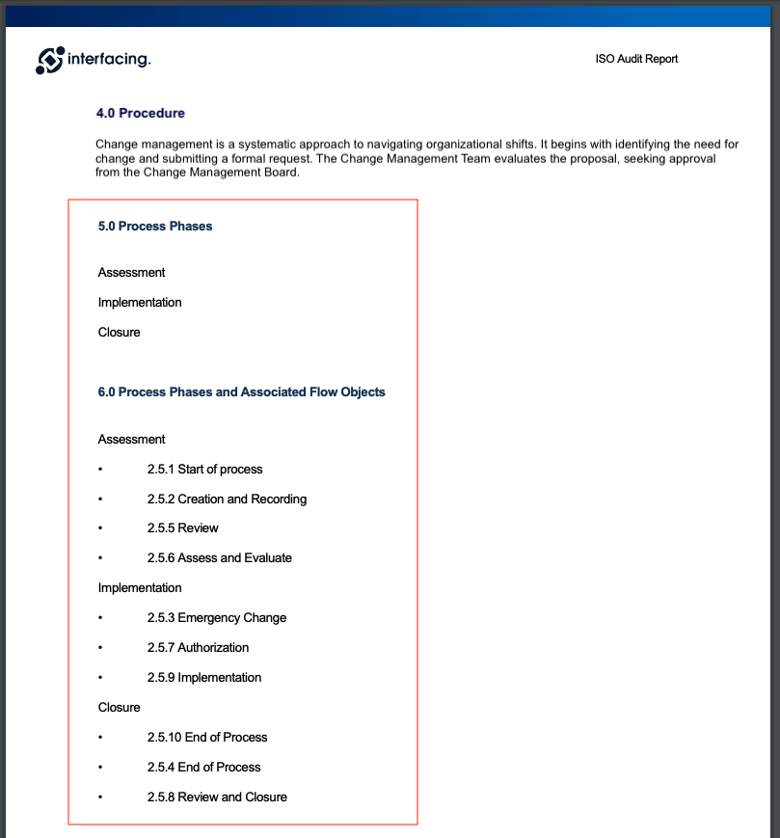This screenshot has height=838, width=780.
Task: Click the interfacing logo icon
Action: [x=50, y=60]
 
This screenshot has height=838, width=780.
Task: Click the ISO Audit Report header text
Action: [x=636, y=59]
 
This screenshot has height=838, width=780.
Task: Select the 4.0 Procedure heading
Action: [x=140, y=113]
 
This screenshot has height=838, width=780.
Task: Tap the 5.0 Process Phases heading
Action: [x=155, y=227]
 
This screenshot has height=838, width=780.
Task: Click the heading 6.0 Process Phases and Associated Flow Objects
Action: [x=241, y=392]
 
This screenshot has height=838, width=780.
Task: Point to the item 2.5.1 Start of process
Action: [x=204, y=470]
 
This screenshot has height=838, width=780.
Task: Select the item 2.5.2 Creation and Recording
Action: [x=227, y=500]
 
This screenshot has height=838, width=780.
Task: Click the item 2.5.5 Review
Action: [x=182, y=528]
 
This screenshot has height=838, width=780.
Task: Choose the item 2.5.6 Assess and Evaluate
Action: [x=219, y=558]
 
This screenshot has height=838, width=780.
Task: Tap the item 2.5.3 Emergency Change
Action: [x=216, y=618]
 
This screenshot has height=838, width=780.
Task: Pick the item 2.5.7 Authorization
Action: [x=198, y=648]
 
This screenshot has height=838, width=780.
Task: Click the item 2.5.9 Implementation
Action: [x=203, y=678]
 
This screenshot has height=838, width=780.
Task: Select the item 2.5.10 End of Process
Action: [x=207, y=738]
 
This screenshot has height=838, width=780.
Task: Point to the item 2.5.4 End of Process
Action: [x=203, y=768]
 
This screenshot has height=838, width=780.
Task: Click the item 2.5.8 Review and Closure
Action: [x=217, y=797]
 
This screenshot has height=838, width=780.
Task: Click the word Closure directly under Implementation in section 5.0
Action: [x=119, y=333]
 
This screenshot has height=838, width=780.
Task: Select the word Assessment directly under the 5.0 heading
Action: [x=131, y=273]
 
